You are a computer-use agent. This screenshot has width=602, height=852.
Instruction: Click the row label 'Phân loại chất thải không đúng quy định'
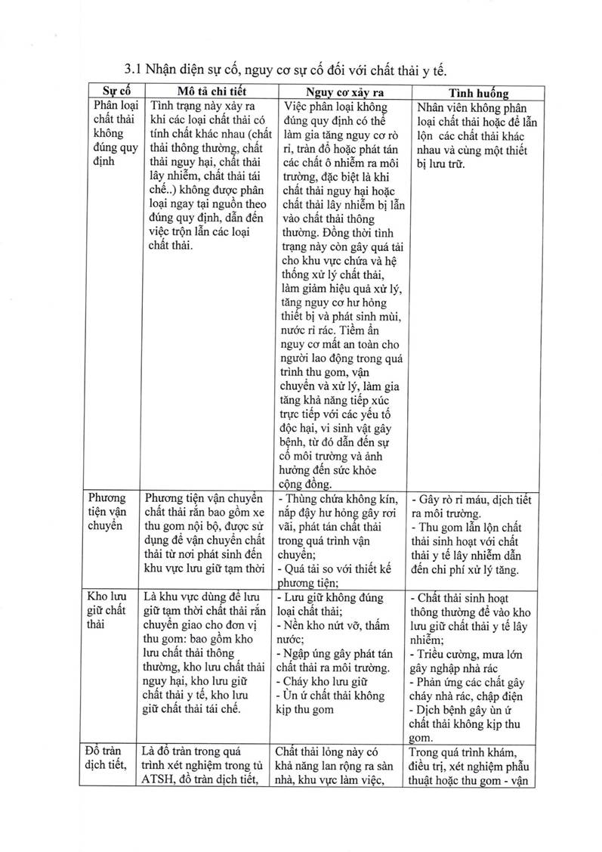[x=113, y=133]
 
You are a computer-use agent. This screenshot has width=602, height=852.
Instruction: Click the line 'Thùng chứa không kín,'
[x=332, y=498]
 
